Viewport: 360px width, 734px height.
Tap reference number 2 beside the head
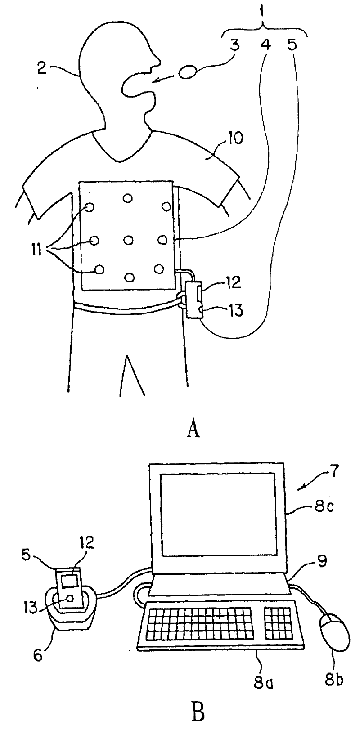coord(42,69)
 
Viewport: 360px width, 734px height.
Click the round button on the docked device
coord(70,599)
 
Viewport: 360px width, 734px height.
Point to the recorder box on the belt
coord(194,299)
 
